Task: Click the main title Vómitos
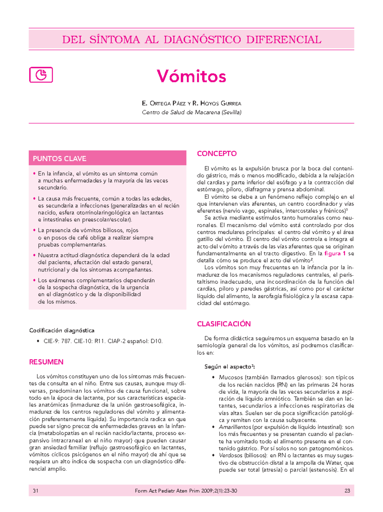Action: tap(191, 76)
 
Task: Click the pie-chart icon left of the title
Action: tap(41, 75)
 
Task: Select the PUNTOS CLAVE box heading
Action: tap(59, 159)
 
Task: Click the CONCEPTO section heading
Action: tap(217, 154)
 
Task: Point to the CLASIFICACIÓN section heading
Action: tap(224, 324)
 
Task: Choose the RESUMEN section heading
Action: tap(46, 362)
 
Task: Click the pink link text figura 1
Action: tap(335, 253)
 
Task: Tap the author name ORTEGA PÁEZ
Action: tap(165, 104)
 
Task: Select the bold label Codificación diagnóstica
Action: tap(62, 330)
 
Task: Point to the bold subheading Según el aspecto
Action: tap(229, 367)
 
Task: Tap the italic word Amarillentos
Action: tap(235, 427)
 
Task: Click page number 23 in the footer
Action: tap(347, 491)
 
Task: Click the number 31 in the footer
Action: tap(36, 491)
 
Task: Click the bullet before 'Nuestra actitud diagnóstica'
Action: tap(34, 255)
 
